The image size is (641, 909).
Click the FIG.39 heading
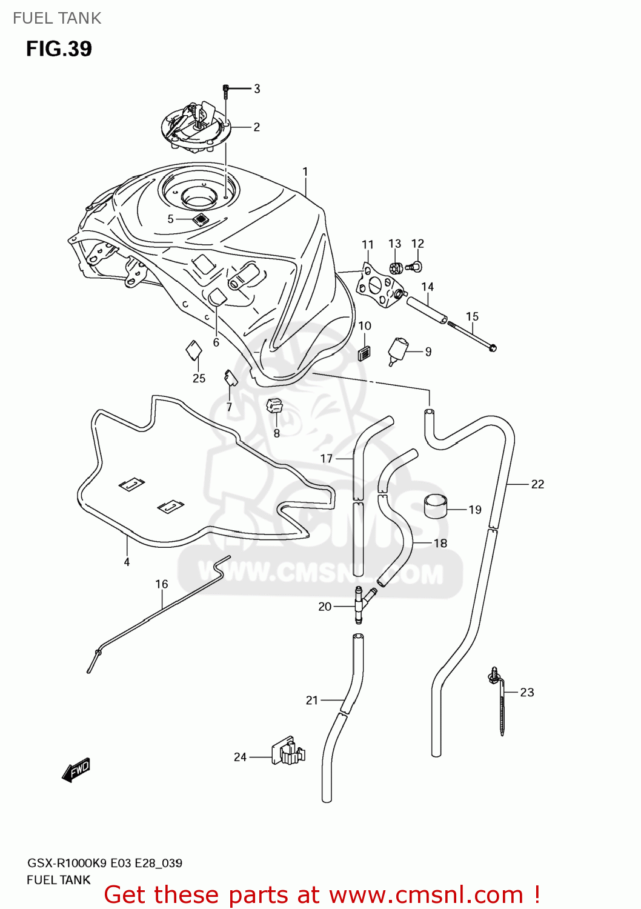coord(59,48)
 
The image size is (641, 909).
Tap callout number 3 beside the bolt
coord(257,89)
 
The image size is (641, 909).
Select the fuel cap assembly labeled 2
coord(196,127)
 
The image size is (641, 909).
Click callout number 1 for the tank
coord(305,172)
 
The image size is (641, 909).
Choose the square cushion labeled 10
coord(364,353)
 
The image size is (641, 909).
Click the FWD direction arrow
coord(76,771)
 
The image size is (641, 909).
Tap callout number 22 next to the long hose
coord(537,484)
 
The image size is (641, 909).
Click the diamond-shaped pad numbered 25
coord(193,350)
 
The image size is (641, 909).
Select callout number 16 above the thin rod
coord(161,584)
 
